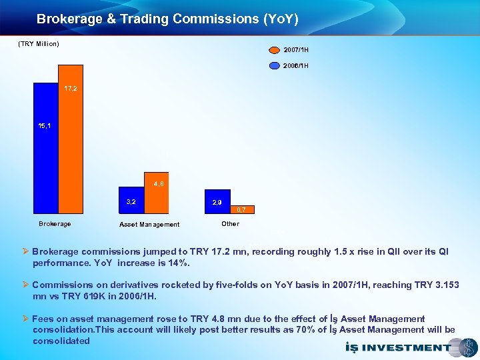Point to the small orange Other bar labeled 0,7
242,210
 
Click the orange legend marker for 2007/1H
274,49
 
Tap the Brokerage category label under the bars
55,224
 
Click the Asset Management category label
149,225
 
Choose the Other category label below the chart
230,224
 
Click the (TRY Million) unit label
38,44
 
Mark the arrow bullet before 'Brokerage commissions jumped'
26,252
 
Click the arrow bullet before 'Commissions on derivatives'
26,285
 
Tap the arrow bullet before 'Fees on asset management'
26,319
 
